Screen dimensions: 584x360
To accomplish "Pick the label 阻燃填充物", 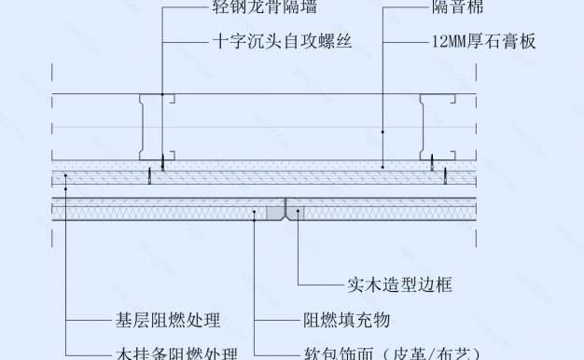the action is coord(345,321).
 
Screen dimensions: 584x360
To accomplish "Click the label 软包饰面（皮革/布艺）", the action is coord(391,353).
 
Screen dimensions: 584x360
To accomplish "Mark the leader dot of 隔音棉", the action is coord(383,132).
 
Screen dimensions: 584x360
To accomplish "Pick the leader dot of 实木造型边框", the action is coord(299,214).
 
